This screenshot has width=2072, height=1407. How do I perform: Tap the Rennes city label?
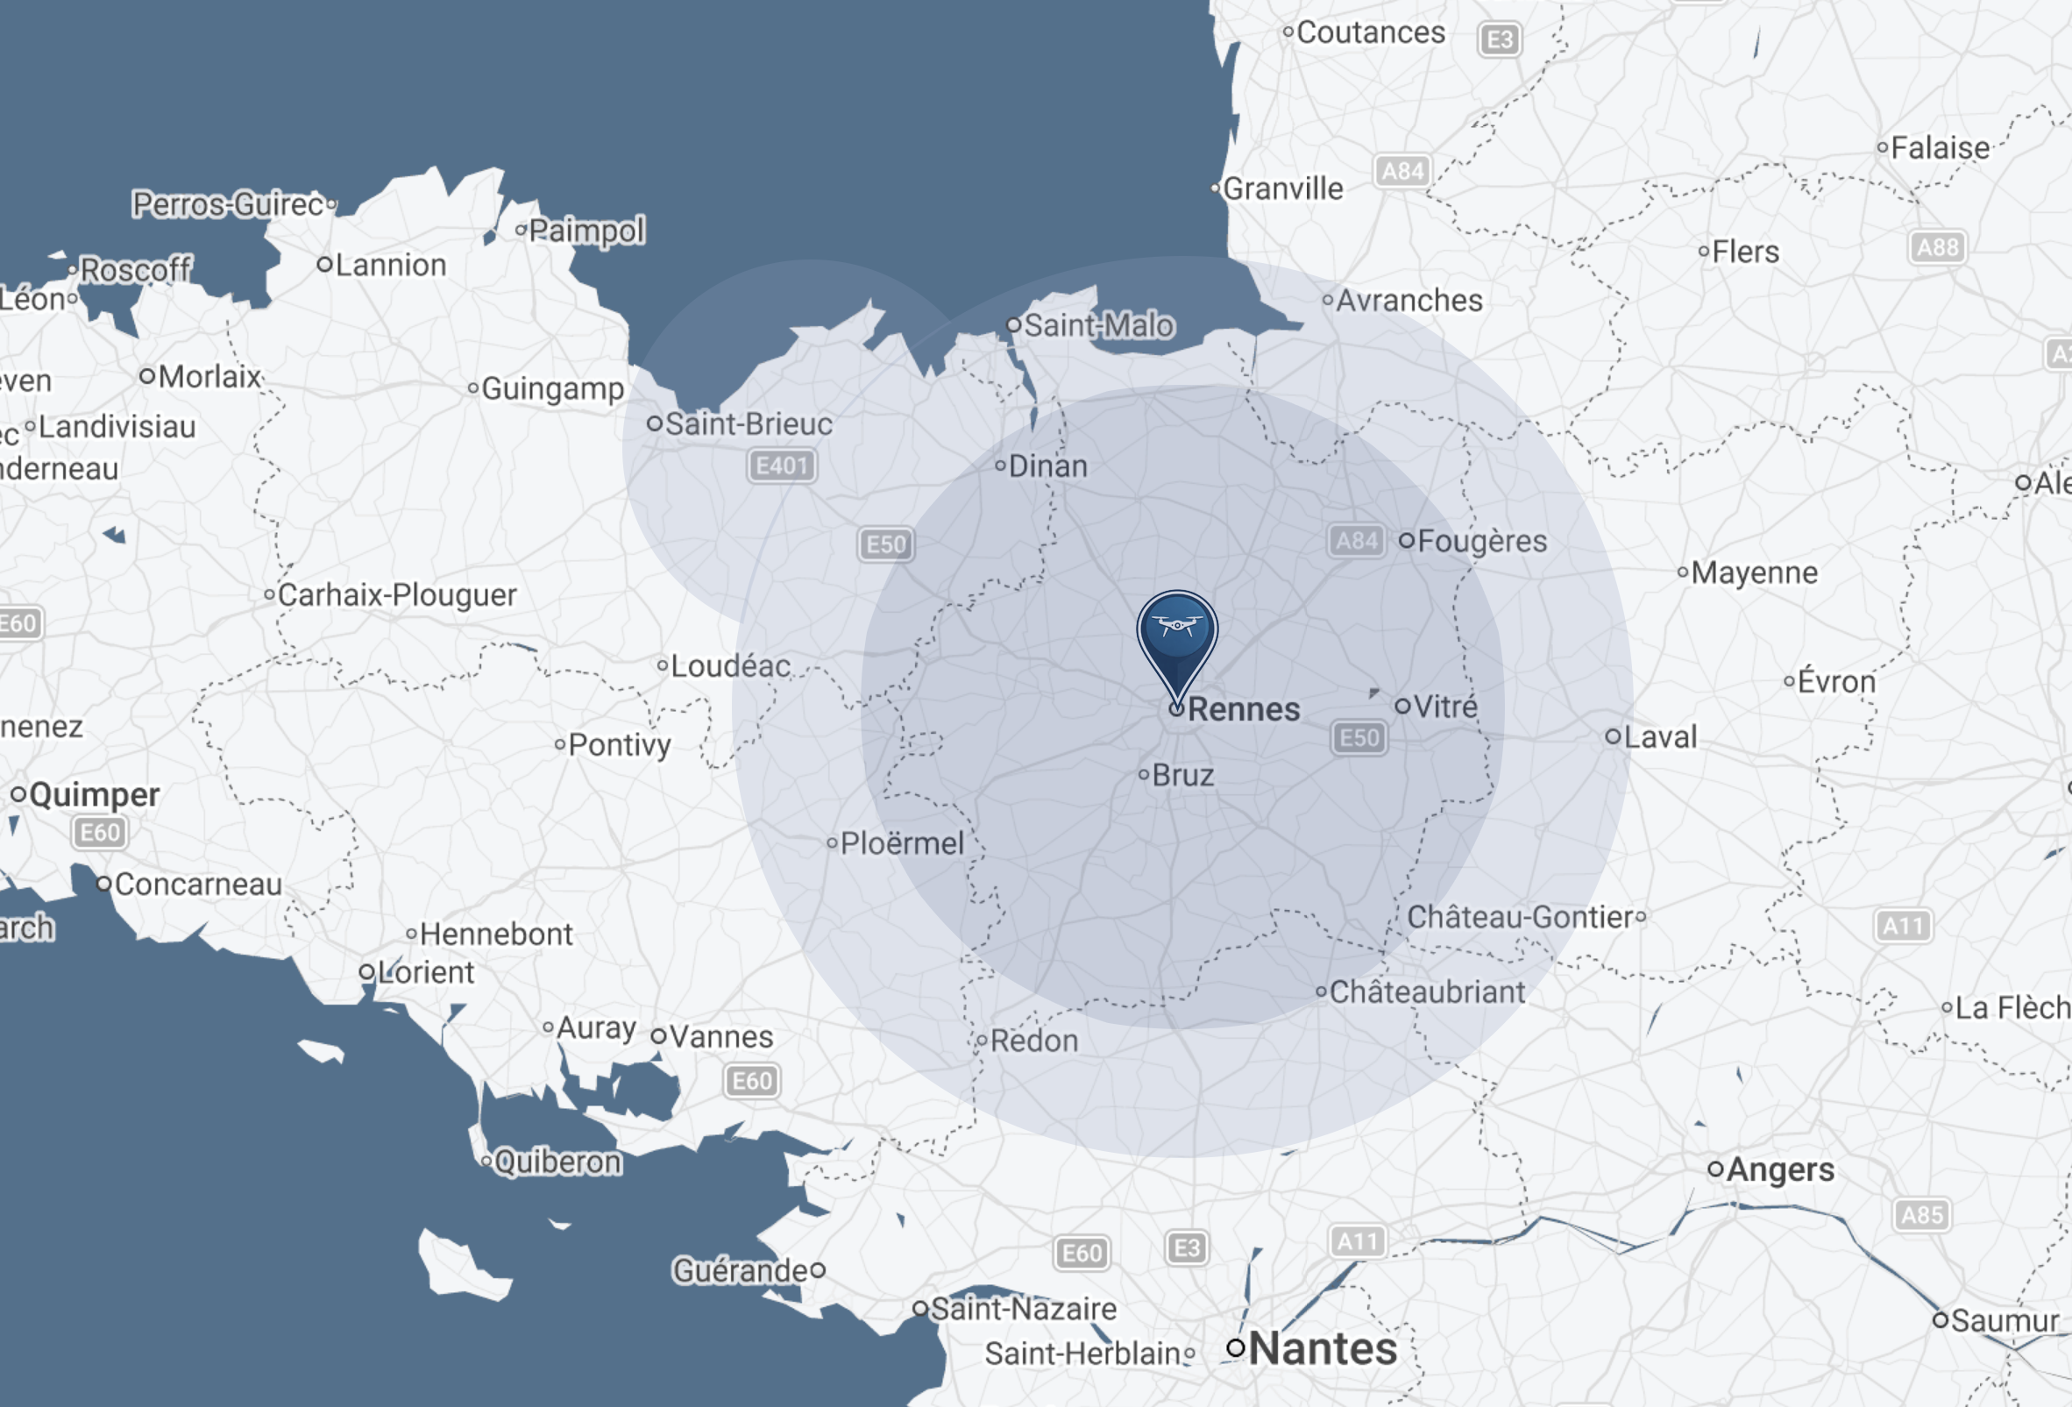pyautogui.click(x=1243, y=710)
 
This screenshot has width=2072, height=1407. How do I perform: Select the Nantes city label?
pyautogui.click(x=1323, y=1348)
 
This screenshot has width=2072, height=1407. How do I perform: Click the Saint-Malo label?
pyautogui.click(x=1098, y=325)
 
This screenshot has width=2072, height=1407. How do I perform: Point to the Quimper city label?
pyautogui.click(x=95, y=794)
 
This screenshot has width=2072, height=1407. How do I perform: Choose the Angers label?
pyautogui.click(x=1779, y=1169)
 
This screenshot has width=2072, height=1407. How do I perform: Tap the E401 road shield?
pyautogui.click(x=781, y=465)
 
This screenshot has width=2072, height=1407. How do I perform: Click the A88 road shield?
pyautogui.click(x=1937, y=247)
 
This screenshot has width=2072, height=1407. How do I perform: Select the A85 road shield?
pyautogui.click(x=1921, y=1214)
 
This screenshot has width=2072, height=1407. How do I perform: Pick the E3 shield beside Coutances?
pyautogui.click(x=1500, y=39)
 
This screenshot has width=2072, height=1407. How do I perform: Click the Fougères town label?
pyautogui.click(x=1482, y=541)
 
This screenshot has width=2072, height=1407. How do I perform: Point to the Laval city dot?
pyautogui.click(x=1613, y=736)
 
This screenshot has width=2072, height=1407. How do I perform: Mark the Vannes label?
pyautogui.click(x=721, y=1037)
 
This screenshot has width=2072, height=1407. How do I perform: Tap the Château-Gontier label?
pyautogui.click(x=1519, y=918)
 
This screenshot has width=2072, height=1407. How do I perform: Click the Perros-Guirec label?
pyautogui.click(x=228, y=204)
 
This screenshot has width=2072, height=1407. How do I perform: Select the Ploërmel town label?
pyautogui.click(x=901, y=843)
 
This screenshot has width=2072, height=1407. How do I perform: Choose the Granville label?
pyautogui.click(x=1282, y=189)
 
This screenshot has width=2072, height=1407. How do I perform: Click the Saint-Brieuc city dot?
pyautogui.click(x=655, y=423)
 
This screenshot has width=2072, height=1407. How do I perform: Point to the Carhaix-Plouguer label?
pyautogui.click(x=397, y=594)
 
